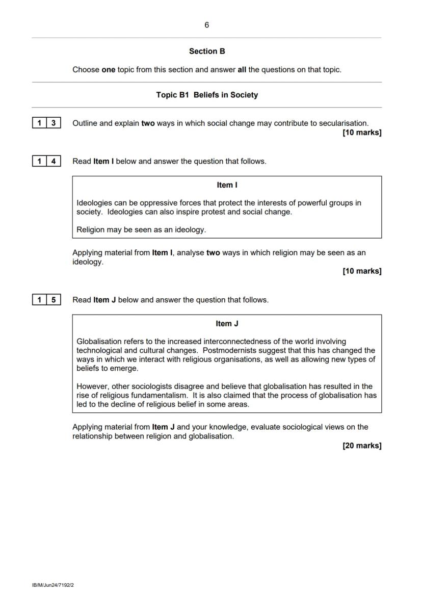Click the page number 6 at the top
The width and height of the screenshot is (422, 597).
click(206, 25)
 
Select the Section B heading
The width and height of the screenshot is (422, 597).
click(207, 51)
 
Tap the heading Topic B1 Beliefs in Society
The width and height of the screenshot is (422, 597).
click(207, 95)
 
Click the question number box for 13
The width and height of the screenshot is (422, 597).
click(46, 123)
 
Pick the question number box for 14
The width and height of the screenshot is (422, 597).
click(46, 161)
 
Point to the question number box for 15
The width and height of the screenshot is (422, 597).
click(46, 300)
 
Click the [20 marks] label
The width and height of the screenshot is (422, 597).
click(362, 446)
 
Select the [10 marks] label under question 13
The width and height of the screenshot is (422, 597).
click(362, 133)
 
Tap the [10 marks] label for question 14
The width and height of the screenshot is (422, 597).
click(362, 271)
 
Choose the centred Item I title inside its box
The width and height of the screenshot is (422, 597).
click(227, 185)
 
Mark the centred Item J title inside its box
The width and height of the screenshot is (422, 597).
click(227, 324)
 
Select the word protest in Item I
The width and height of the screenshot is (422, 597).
click(204, 212)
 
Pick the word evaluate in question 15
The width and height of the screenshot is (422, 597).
click(265, 427)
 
